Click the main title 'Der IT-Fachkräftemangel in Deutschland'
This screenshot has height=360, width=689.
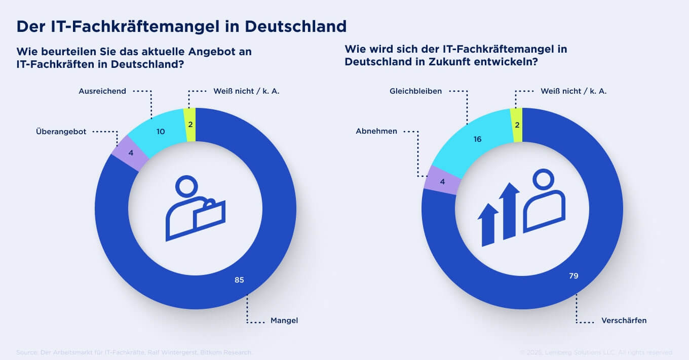point(181,26)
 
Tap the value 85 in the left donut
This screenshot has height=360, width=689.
point(239,279)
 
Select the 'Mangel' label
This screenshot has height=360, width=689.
point(284,321)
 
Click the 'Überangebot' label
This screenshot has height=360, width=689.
point(61,131)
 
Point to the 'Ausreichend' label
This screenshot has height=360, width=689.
point(102,91)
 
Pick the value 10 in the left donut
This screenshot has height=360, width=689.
point(161,132)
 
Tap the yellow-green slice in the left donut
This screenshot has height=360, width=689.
point(190,125)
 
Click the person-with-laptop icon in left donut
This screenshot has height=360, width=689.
point(195,208)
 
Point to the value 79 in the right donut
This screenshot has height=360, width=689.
point(573,276)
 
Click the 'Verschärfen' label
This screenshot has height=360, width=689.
point(624,321)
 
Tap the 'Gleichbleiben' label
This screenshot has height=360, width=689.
point(415,91)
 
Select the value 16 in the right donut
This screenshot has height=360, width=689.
point(477,139)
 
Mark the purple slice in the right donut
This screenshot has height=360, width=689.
point(442,180)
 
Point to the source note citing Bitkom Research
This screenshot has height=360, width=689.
point(134,352)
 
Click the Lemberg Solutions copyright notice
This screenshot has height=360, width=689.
point(596,352)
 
